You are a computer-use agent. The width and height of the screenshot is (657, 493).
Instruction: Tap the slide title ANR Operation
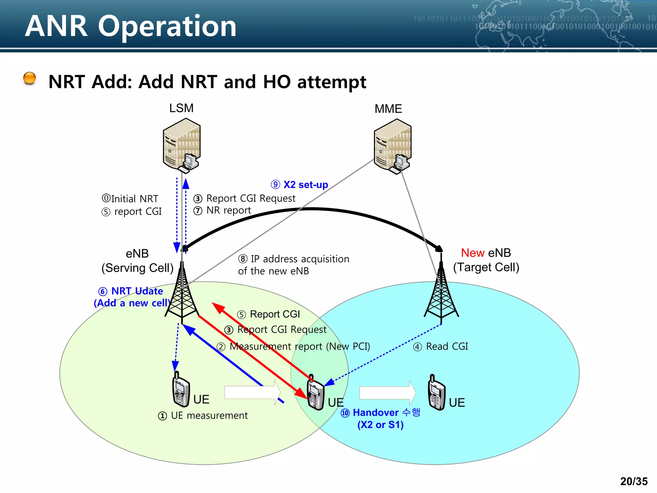(131, 26)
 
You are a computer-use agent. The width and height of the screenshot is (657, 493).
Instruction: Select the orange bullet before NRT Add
(30, 78)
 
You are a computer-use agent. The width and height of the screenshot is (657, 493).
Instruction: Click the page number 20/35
(634, 481)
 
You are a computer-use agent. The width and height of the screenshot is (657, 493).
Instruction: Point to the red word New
(473, 253)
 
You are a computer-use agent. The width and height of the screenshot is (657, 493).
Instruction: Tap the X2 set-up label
(300, 185)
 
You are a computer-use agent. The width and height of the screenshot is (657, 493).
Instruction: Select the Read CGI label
(441, 347)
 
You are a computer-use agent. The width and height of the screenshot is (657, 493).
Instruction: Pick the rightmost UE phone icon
(436, 393)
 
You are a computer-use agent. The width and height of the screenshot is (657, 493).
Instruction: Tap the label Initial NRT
(130, 199)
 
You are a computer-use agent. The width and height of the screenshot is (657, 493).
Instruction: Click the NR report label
(222, 211)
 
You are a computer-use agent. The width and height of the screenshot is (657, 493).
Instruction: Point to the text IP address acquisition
(294, 259)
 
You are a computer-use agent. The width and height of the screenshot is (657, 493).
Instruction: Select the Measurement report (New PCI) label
(294, 347)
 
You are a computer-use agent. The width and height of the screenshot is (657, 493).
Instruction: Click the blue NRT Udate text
(131, 291)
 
